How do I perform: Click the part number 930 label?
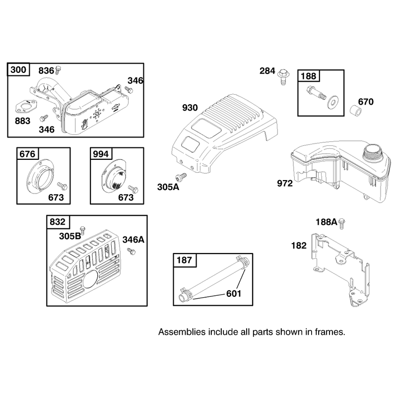(x=190, y=108)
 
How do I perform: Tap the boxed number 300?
(x=18, y=69)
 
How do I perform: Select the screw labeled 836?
(x=58, y=69)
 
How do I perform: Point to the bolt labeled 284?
(x=283, y=77)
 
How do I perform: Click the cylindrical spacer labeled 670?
(x=356, y=111)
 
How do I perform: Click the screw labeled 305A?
(x=181, y=177)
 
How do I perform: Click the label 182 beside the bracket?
(x=299, y=245)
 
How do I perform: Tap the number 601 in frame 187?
(x=233, y=294)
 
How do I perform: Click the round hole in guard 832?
(x=90, y=278)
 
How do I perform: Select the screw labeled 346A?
(x=132, y=251)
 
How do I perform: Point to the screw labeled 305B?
(x=82, y=230)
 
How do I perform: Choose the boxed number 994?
(x=101, y=154)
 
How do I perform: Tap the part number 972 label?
(x=285, y=183)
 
